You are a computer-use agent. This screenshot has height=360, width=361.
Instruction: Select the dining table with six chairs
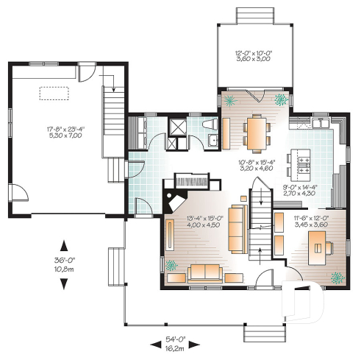point(255,132)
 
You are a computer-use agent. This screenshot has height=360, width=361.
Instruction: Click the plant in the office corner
point(337,278)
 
